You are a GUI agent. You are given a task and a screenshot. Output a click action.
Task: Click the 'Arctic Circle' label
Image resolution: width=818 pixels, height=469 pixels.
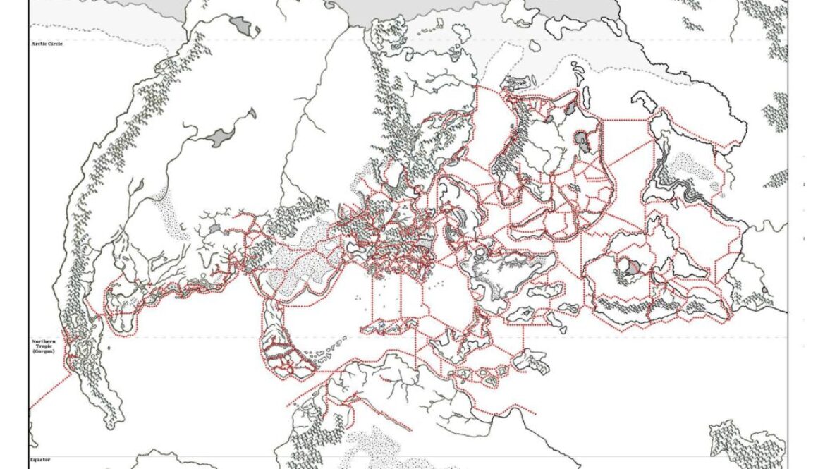click(47, 44)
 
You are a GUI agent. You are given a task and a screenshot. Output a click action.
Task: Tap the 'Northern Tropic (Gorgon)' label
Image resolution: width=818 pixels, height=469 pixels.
click(44, 346)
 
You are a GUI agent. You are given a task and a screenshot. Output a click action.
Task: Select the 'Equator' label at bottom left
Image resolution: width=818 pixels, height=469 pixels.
click(39, 458)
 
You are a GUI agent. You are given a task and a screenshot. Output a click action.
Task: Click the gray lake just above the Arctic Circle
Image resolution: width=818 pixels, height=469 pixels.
click(244, 27)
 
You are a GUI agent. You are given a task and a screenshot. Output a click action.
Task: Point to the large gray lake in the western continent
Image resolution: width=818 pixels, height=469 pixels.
click(224, 135)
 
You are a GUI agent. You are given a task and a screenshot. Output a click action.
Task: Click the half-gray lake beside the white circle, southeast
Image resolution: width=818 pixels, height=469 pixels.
click(634, 267)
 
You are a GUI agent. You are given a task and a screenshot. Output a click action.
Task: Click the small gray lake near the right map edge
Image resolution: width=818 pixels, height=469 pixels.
click(765, 290)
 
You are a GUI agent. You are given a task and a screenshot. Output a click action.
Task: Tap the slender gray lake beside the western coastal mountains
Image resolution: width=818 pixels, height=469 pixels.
click(139, 186)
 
